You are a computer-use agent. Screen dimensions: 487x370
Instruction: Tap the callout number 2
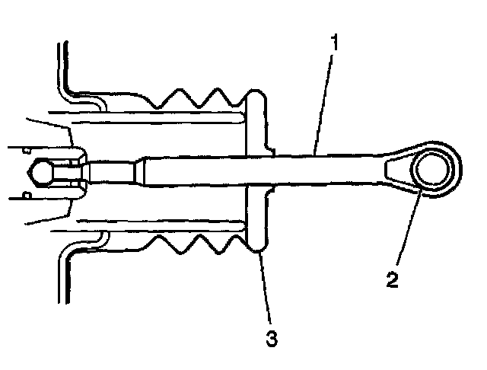391,279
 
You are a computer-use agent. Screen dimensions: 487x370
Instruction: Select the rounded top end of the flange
256,94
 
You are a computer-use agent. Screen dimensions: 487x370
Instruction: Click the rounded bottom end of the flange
257,245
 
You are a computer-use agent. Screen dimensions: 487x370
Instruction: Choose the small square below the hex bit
26,196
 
